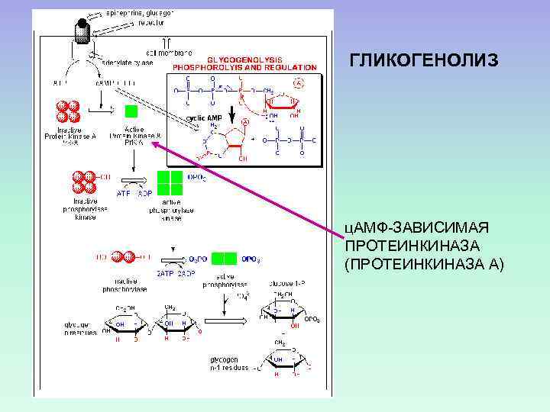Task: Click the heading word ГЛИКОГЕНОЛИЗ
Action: [x=424, y=60]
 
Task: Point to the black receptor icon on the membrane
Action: [x=82, y=30]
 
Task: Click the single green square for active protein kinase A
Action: [x=131, y=111]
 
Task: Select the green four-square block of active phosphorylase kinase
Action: [x=171, y=183]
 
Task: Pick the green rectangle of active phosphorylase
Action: [x=223, y=258]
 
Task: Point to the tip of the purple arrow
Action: [x=154, y=142]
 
